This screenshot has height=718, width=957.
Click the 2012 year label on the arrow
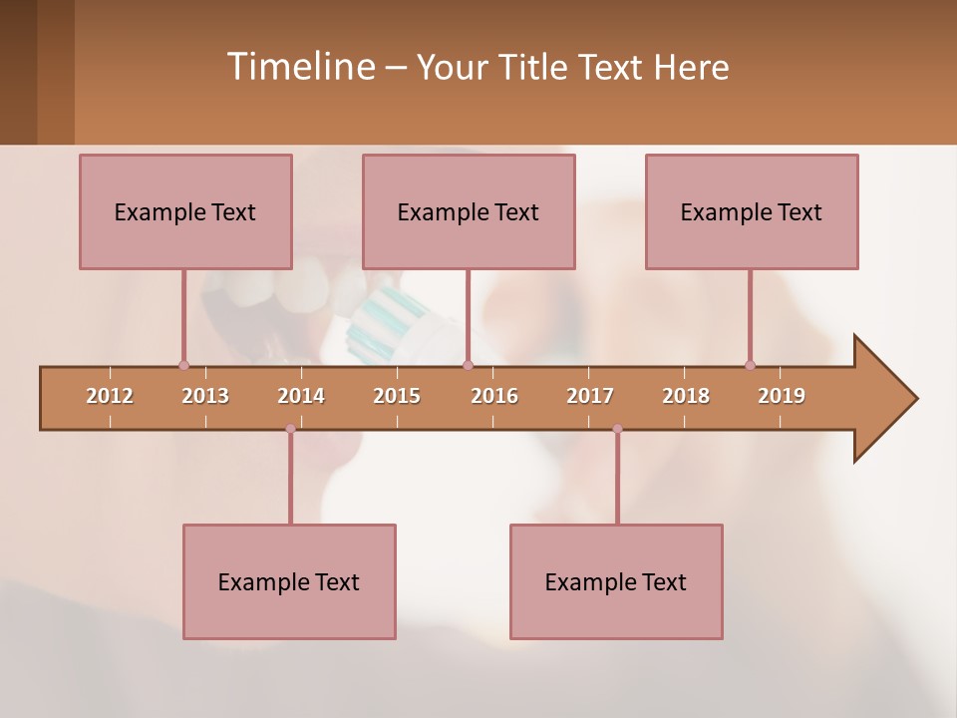click(110, 396)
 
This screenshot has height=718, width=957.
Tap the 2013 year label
click(205, 396)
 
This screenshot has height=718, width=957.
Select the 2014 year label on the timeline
click(301, 396)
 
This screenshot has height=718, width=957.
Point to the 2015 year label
click(397, 396)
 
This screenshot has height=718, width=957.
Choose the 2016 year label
click(494, 396)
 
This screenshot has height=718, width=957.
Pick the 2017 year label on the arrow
click(590, 396)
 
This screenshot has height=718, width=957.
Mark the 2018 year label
click(686, 396)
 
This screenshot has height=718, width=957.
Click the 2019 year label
click(782, 396)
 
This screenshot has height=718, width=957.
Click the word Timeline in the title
click(299, 67)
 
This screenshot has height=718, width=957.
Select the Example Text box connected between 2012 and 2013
click(185, 211)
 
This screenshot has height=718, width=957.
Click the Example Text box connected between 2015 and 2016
click(469, 211)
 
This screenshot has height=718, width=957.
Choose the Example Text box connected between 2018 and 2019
click(752, 211)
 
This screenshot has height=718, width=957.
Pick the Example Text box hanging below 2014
click(289, 581)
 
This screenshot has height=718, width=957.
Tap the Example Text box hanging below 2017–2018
click(616, 581)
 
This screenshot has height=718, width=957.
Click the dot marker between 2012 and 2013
click(183, 365)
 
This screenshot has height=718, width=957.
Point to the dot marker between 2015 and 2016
click(468, 365)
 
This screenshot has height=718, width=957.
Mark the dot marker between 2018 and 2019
click(750, 365)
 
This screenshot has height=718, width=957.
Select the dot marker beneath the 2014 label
click(290, 429)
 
